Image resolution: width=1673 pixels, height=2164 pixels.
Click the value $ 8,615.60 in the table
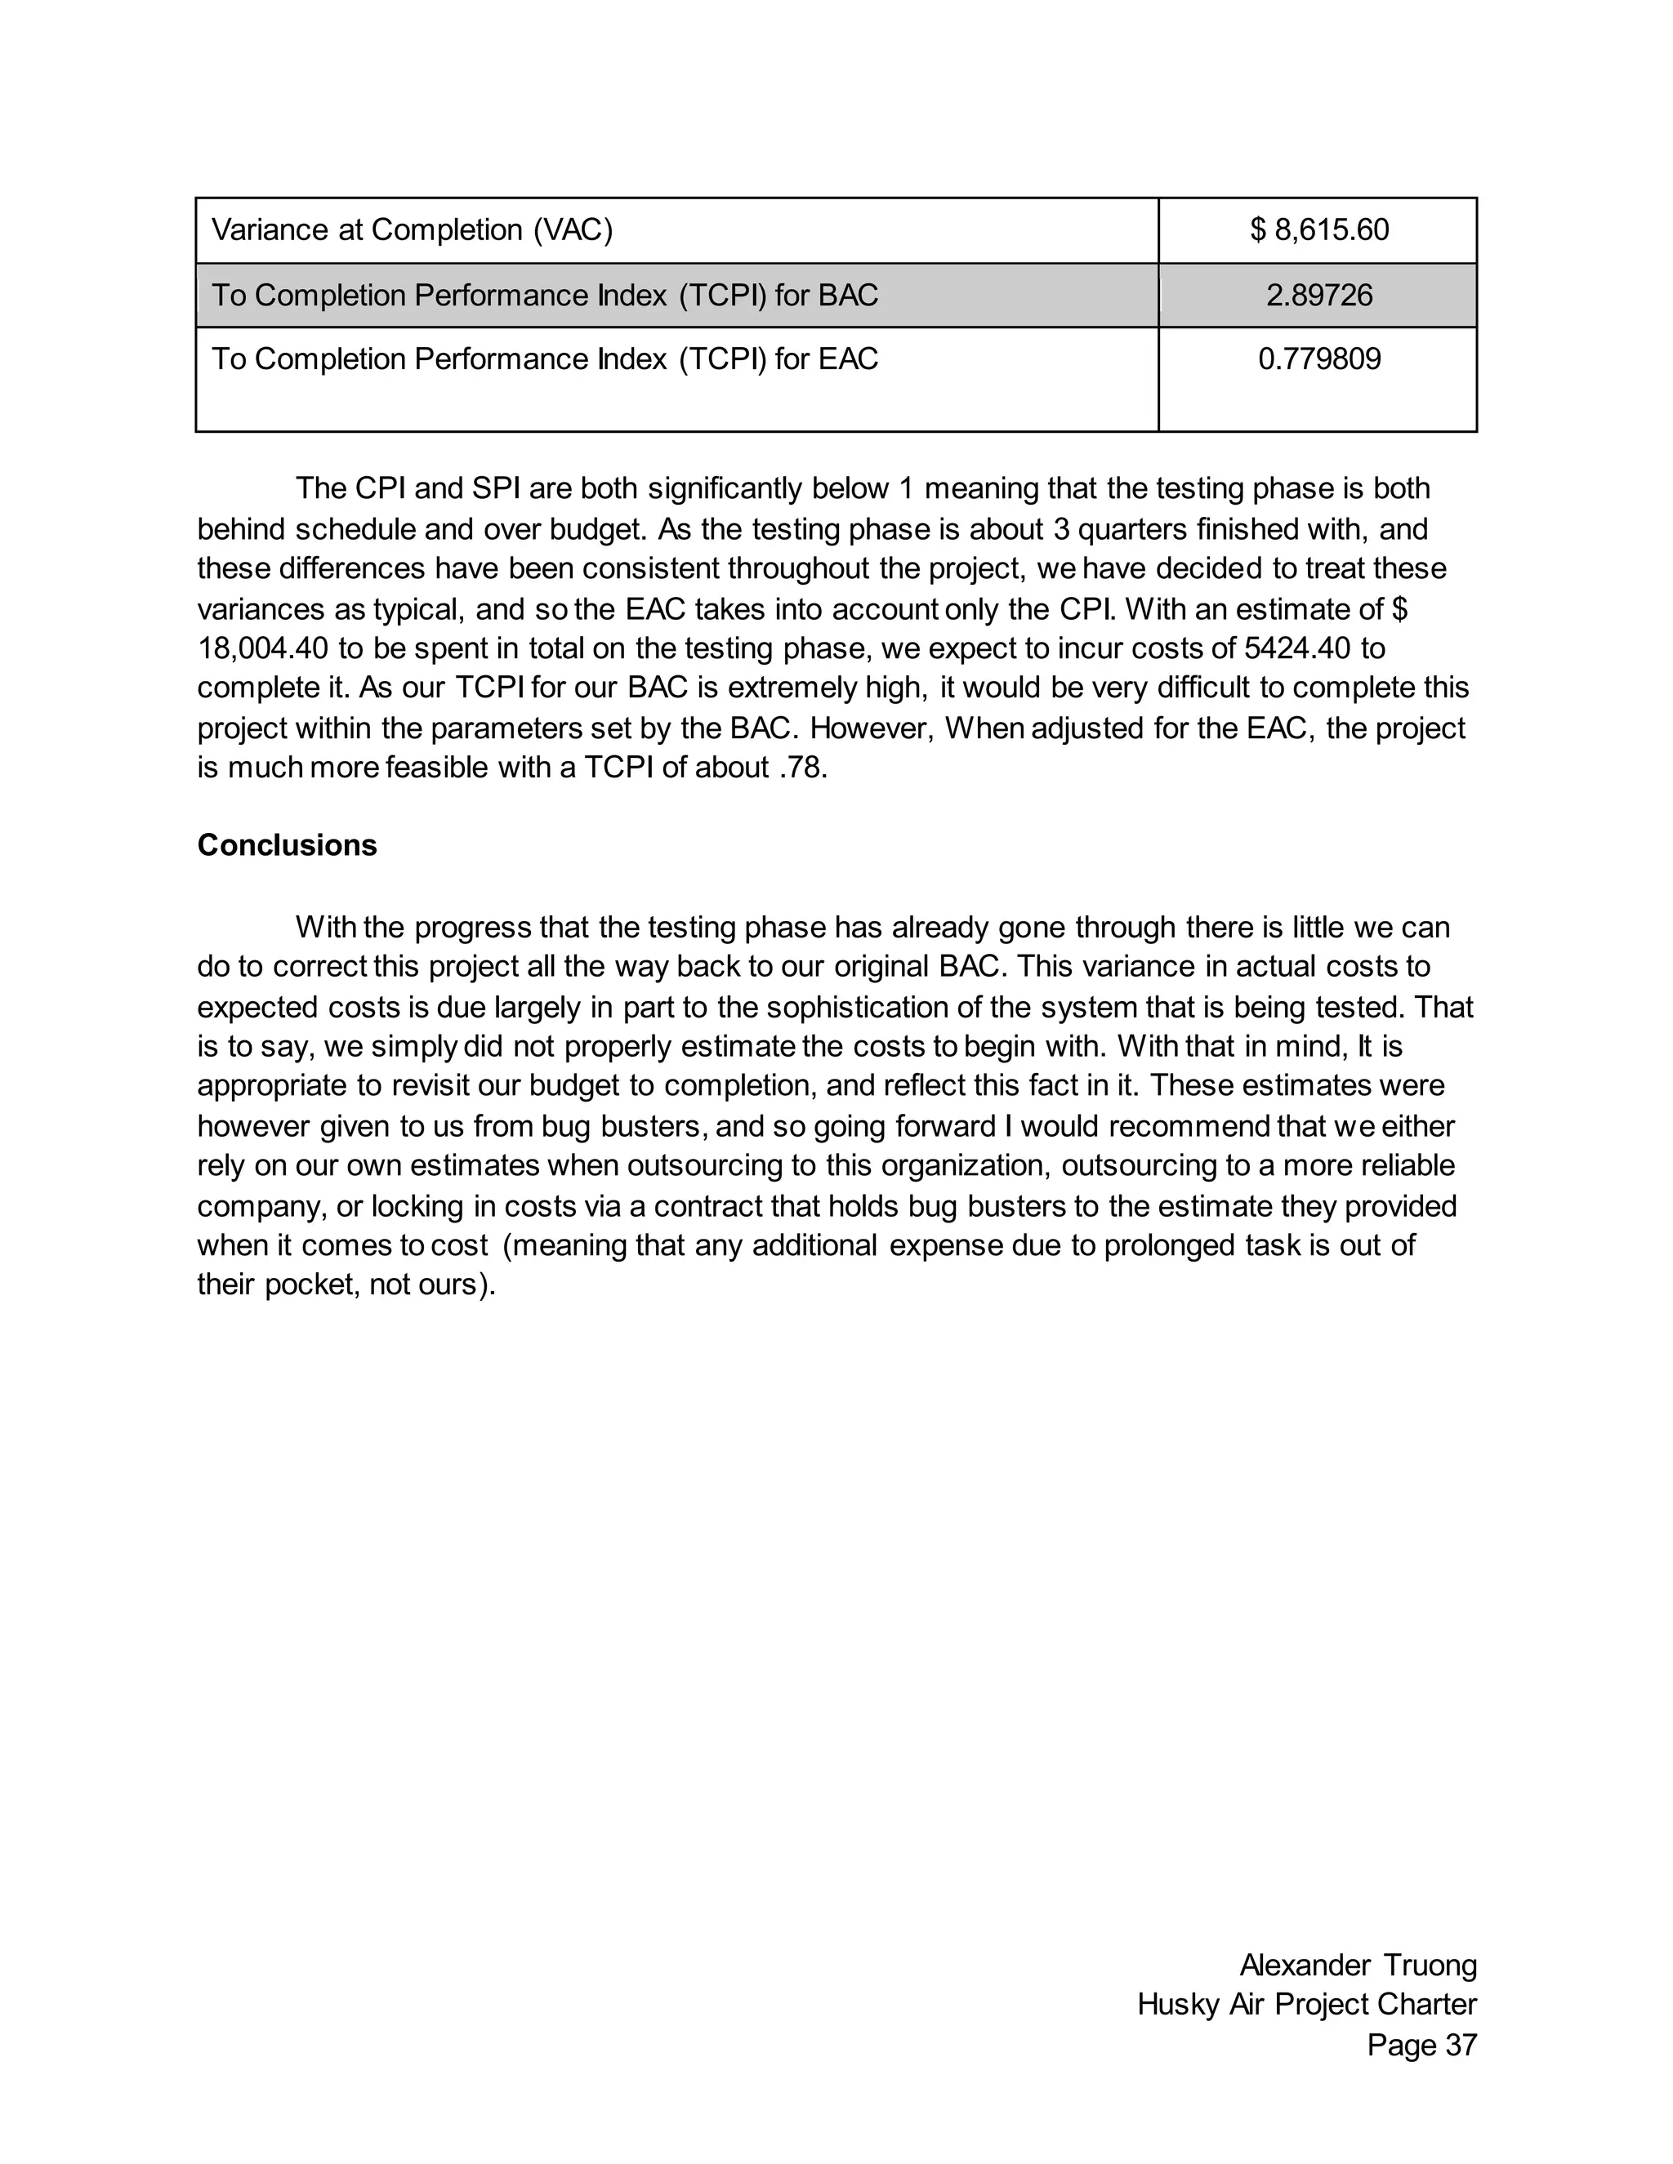1318,231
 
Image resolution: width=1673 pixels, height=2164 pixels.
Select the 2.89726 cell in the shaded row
1318,296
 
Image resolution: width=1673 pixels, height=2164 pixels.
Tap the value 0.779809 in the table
1318,358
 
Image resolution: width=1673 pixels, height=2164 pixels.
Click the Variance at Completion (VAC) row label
413,231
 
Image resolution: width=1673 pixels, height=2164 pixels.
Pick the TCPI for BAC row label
544,296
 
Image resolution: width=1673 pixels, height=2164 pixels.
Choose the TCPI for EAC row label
544,358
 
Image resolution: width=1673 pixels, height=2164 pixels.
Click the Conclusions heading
287,845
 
